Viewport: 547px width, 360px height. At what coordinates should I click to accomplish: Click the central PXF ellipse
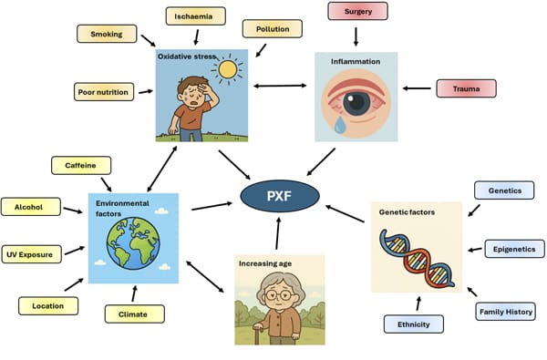coord(280,195)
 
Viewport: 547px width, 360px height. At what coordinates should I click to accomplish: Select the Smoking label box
coord(108,35)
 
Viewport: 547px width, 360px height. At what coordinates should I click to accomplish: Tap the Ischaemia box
coord(196,15)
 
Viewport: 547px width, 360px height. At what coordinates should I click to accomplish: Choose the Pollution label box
coord(272,28)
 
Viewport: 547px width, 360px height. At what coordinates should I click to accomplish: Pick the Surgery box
coord(356,12)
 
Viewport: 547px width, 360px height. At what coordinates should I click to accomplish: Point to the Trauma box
coord(465,88)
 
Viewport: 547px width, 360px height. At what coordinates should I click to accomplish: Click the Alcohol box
coord(30,207)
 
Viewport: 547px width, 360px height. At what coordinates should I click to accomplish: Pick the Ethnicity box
coord(413,324)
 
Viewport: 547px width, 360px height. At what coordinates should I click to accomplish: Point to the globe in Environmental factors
coord(133,241)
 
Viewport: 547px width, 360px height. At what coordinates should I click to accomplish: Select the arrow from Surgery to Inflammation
coord(356,34)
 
